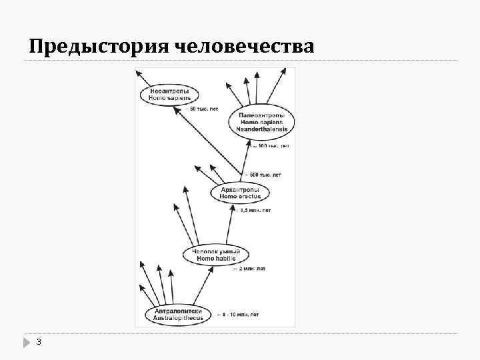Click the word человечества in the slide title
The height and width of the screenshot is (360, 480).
point(245,47)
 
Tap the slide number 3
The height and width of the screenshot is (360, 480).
point(39,342)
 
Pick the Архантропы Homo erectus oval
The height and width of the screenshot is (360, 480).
point(240,193)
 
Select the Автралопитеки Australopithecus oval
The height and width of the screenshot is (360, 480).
point(178,314)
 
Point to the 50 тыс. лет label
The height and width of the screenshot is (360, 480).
point(205,109)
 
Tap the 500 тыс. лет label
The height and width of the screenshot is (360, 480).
point(264,175)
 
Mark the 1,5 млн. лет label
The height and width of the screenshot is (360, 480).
point(254,211)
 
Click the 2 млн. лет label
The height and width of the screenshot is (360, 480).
point(249,269)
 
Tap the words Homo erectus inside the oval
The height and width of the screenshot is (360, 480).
point(240,197)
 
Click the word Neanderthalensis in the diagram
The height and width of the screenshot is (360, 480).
point(261,129)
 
